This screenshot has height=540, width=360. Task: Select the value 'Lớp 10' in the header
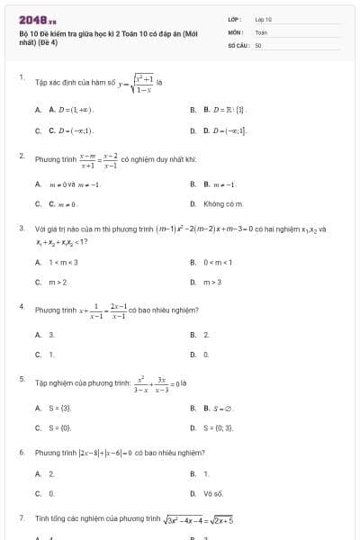(264, 19)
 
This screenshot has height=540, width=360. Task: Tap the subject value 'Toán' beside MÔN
(261, 31)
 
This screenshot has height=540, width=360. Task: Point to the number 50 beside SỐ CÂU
(258, 44)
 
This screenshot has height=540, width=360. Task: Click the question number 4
(21, 307)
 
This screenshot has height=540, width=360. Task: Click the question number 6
(21, 452)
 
